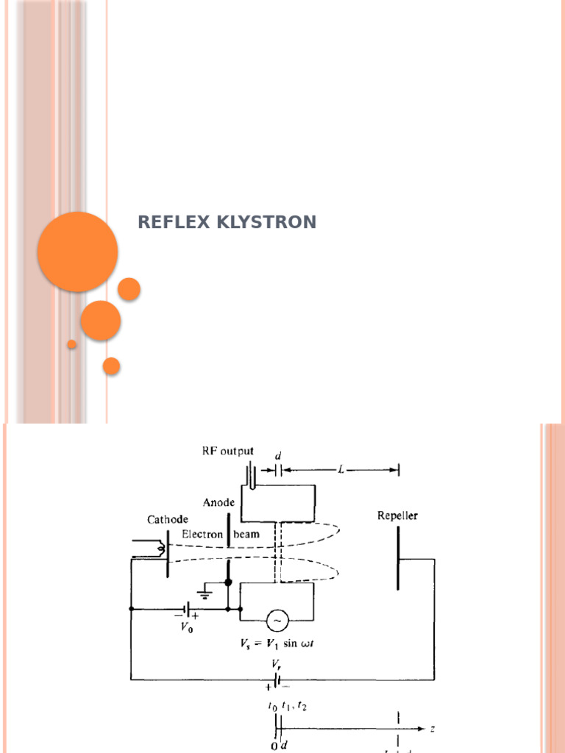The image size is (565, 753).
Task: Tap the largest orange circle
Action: click(x=77, y=251)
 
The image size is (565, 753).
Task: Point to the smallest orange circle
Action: click(x=72, y=344)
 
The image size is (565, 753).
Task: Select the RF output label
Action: click(x=228, y=452)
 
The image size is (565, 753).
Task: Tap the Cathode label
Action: click(x=168, y=519)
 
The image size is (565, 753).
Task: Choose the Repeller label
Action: click(x=397, y=515)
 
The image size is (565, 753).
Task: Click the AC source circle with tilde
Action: click(x=277, y=621)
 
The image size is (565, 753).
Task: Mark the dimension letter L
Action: click(x=340, y=469)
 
